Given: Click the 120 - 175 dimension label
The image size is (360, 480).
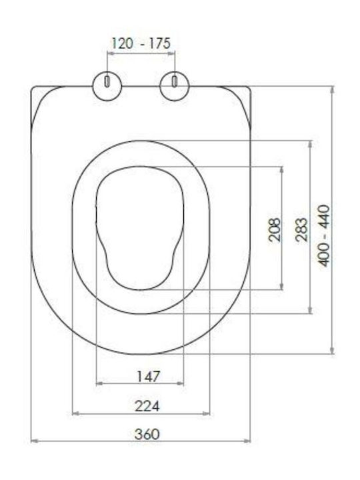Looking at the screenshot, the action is pyautogui.click(x=141, y=43).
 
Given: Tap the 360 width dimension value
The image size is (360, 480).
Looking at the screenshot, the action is pyautogui.click(x=147, y=434).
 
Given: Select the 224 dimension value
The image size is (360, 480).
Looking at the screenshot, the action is pyautogui.click(x=147, y=407).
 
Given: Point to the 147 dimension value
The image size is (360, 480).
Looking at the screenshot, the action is pyautogui.click(x=148, y=377).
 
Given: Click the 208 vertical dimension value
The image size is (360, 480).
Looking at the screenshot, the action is pyautogui.click(x=274, y=229).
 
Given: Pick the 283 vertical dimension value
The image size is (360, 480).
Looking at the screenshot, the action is pyautogui.click(x=301, y=229).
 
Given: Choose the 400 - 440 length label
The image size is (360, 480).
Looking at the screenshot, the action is pyautogui.click(x=325, y=236).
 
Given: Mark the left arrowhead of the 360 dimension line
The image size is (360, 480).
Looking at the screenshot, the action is pyautogui.click(x=34, y=441).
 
